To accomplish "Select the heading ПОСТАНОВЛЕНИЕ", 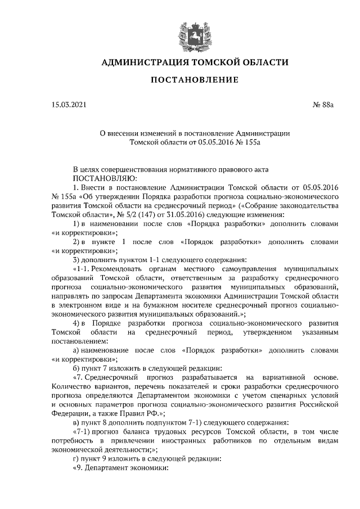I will pos(194,80).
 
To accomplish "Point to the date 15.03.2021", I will pos(67,105).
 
